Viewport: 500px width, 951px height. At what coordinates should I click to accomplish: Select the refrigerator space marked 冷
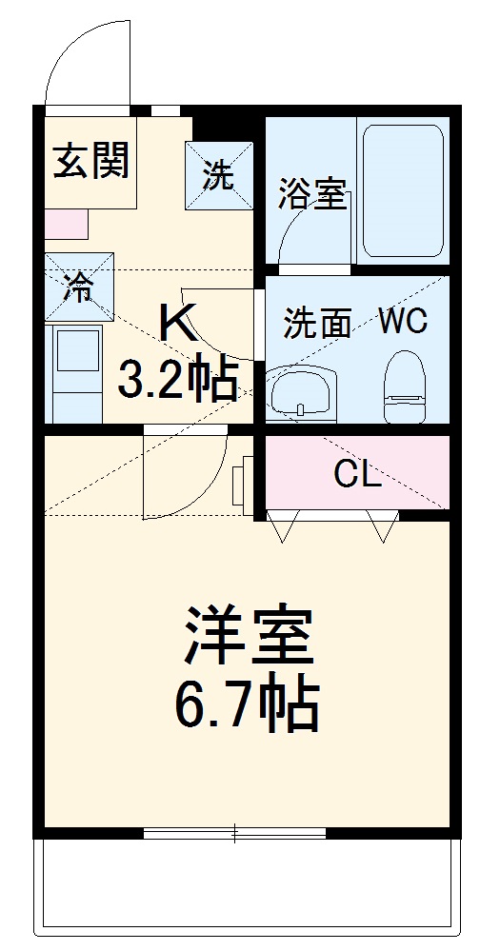[x=79, y=287]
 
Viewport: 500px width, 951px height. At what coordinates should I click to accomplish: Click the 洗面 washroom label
[x=318, y=324]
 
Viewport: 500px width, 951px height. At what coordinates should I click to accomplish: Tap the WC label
[x=402, y=321]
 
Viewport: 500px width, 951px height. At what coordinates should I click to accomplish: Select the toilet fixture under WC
[x=404, y=386]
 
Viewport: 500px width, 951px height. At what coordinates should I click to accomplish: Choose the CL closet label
[x=357, y=473]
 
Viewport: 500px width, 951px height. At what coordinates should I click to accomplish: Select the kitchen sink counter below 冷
[x=76, y=371]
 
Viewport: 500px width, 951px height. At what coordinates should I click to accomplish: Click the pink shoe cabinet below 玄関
[x=67, y=225]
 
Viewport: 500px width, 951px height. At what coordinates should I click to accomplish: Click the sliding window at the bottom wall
[x=234, y=834]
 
